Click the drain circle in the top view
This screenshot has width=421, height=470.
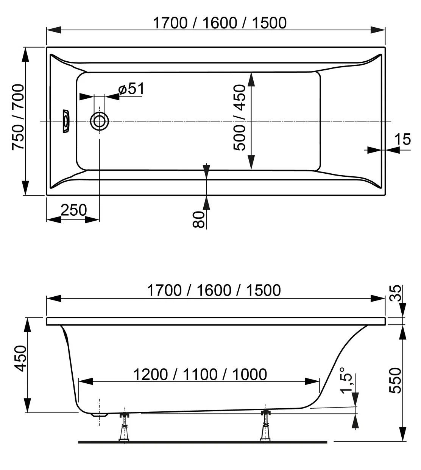pyautogui.click(x=99, y=121)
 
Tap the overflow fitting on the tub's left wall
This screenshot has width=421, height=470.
pyautogui.click(x=65, y=121)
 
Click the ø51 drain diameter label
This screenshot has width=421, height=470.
pyautogui.click(x=131, y=89)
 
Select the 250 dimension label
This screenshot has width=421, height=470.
pyautogui.click(x=73, y=210)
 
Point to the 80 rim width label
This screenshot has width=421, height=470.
pyautogui.click(x=199, y=219)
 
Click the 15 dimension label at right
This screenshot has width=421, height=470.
pyautogui.click(x=403, y=139)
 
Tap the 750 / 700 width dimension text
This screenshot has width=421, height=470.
pyautogui.click(x=18, y=117)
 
